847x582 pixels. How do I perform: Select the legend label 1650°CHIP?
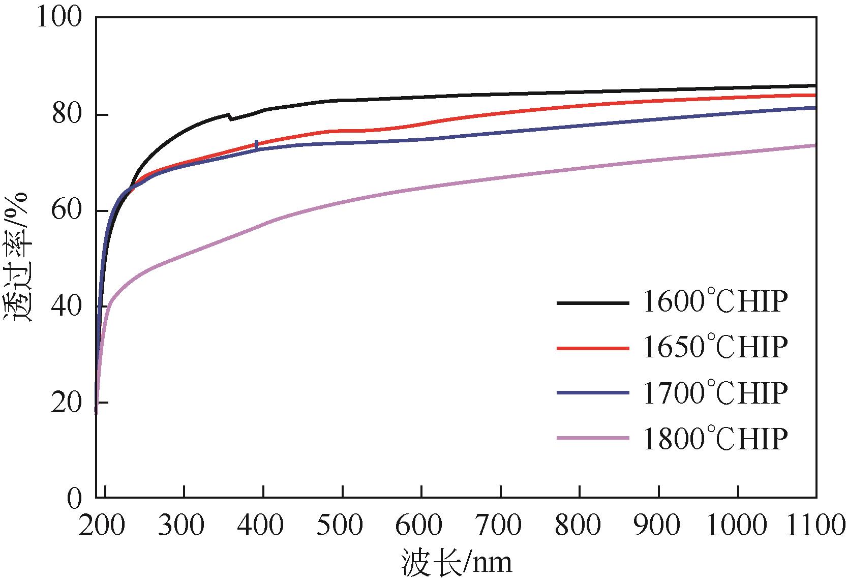(x=715, y=348)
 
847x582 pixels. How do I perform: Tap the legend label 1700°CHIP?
(x=715, y=392)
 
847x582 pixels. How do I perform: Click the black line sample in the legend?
(x=592, y=303)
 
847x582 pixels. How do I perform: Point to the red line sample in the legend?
(x=592, y=348)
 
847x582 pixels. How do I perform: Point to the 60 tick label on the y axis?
(x=66, y=211)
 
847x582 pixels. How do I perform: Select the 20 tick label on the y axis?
(x=66, y=403)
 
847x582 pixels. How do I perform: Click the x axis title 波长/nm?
(x=456, y=563)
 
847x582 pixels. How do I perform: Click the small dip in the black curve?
(x=231, y=119)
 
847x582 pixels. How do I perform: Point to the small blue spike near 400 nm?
(x=256, y=144)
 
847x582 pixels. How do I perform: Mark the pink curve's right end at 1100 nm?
(x=815, y=145)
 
